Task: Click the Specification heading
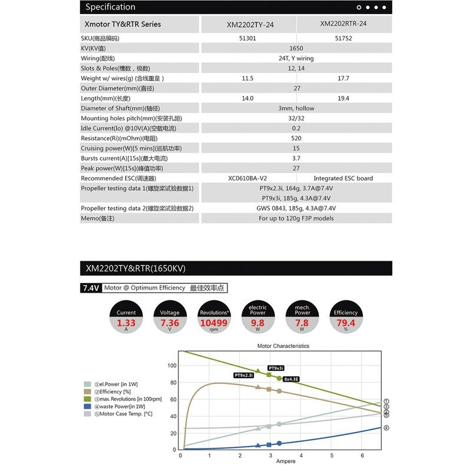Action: pos(110,7)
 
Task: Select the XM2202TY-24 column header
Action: pos(250,25)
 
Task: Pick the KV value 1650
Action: pos(296,48)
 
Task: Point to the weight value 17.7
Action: pos(343,78)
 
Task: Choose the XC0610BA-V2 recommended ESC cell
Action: pos(248,178)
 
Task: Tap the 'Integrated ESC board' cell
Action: pos(343,178)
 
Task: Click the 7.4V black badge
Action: pos(90,289)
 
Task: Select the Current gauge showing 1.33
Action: pos(126,318)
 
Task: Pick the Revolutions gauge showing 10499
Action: pos(214,318)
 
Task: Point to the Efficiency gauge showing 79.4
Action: pos(345,318)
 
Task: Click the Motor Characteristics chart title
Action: pos(283,346)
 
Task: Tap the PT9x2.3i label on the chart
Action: pos(244,375)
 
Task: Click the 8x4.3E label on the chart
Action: pos(292,378)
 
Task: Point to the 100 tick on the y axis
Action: pos(172,366)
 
